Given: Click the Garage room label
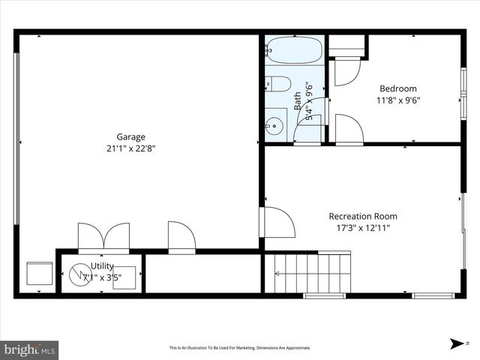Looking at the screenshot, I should point(130,136).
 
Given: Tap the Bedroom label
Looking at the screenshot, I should point(397,88).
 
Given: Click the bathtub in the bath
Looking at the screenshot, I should point(294,50).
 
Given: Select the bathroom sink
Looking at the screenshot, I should point(275,124).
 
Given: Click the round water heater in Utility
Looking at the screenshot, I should point(79,275).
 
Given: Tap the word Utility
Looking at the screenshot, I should point(103,266).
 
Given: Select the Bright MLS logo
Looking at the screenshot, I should point(30,349).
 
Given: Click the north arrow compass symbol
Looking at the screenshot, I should point(457,343).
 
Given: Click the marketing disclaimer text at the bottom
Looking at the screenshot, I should point(239,348).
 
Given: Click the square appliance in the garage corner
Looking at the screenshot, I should point(39,274).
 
